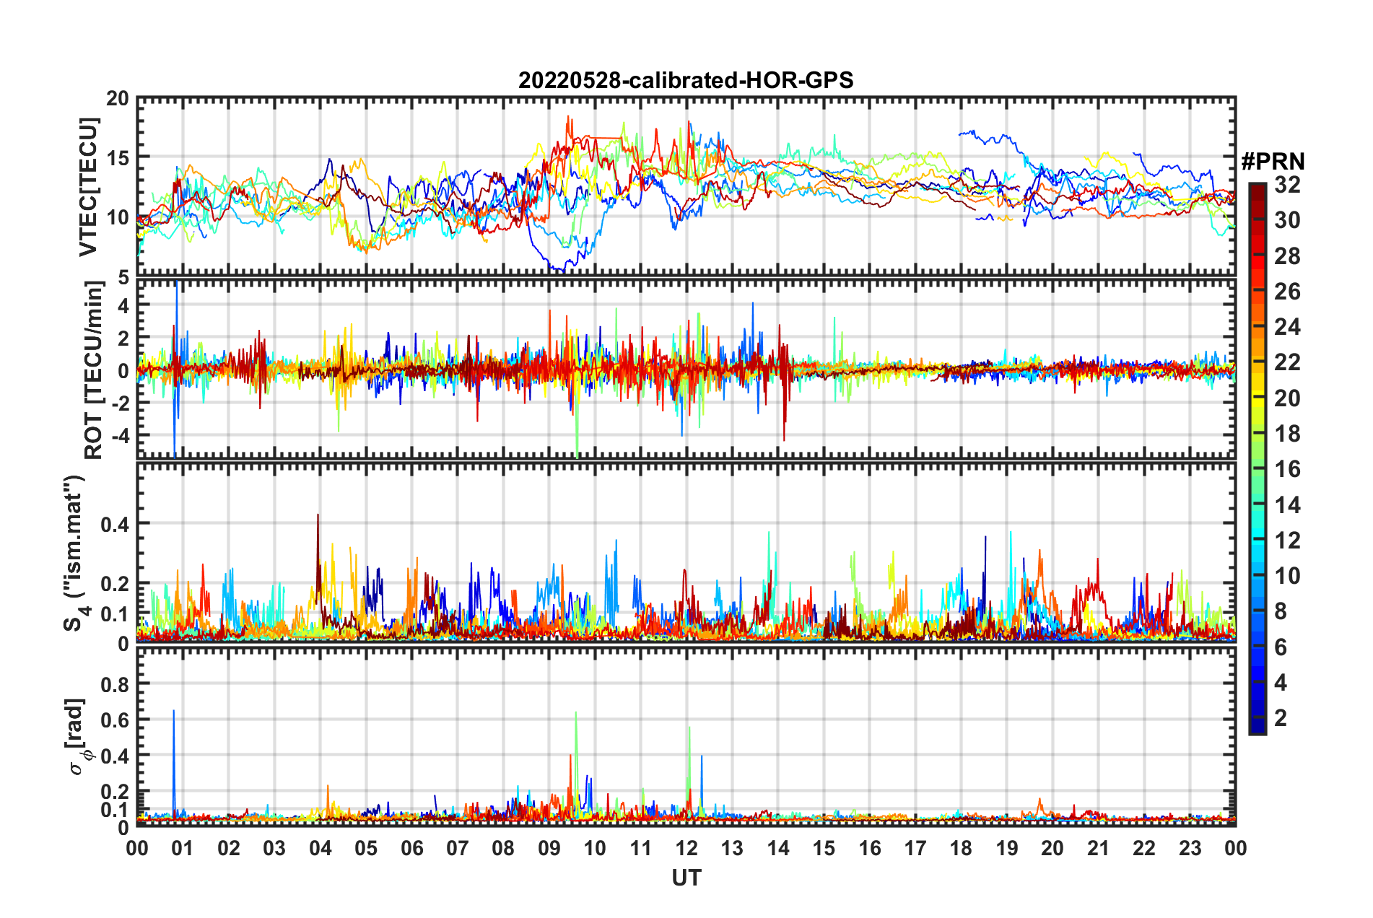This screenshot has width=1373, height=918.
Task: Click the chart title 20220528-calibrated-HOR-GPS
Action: click(686, 80)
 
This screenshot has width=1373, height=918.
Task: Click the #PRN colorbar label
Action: click(1273, 162)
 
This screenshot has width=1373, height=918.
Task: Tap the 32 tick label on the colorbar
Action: click(1287, 185)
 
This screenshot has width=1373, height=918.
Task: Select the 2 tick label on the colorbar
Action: click(1281, 717)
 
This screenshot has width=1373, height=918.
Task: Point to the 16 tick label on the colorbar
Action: click(1287, 469)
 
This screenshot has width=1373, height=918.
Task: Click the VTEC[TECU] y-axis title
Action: click(88, 187)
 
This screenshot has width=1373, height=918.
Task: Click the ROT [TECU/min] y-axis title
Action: click(94, 370)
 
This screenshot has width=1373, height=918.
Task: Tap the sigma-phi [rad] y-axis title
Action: click(78, 736)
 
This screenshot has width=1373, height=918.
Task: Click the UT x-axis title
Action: click(686, 878)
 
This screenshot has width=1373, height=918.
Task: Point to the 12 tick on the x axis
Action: click(686, 848)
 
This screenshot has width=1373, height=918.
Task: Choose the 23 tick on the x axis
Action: click(1190, 848)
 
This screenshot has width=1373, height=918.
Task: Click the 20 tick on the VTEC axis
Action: click(118, 99)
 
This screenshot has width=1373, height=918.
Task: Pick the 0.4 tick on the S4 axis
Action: click(115, 524)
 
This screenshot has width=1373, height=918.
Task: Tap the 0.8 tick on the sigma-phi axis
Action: click(115, 683)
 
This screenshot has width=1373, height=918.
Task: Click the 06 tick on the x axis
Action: click(412, 848)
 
